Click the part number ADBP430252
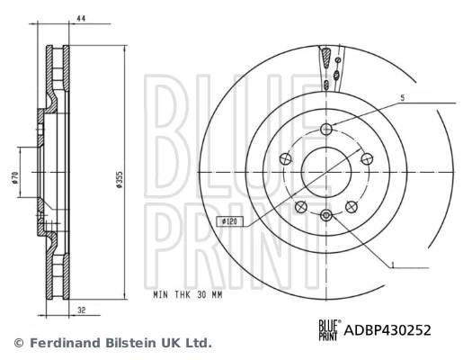coord(388,330)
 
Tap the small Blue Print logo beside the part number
coord(327,330)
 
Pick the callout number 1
coord(392,264)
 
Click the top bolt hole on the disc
coord(327,130)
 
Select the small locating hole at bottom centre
coord(327,214)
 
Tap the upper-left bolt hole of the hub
coord(286,159)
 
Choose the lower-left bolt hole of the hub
coord(301,208)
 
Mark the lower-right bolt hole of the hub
coord(352,208)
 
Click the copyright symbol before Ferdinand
coord(18,343)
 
